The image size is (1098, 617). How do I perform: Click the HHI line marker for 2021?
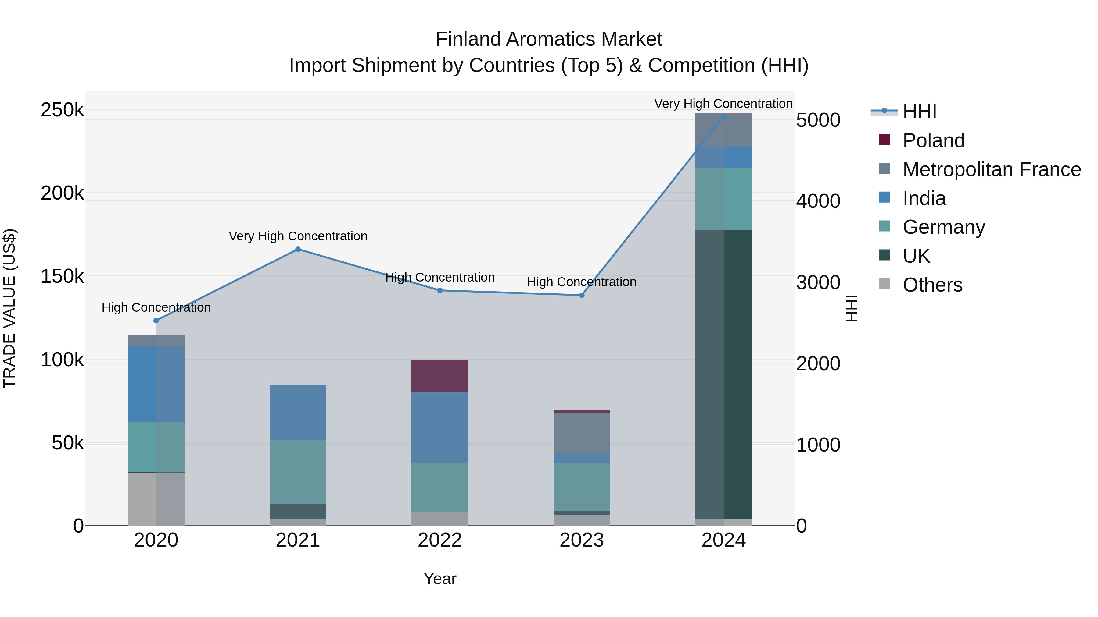coord(298,249)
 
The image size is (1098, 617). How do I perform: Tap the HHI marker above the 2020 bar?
coord(156,320)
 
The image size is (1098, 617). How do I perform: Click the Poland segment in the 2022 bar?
coord(440,376)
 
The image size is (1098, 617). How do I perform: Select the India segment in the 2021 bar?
coord(298,412)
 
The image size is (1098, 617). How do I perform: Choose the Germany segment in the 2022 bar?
coord(440,487)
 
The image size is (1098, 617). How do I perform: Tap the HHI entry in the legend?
coord(919,112)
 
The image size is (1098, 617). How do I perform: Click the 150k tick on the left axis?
coord(62,276)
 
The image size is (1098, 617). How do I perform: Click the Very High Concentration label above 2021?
coord(298,236)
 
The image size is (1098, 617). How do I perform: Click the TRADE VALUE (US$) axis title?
coord(10,308)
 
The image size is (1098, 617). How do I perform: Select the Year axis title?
coord(440,579)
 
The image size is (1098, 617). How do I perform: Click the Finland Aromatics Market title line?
coord(549,39)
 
